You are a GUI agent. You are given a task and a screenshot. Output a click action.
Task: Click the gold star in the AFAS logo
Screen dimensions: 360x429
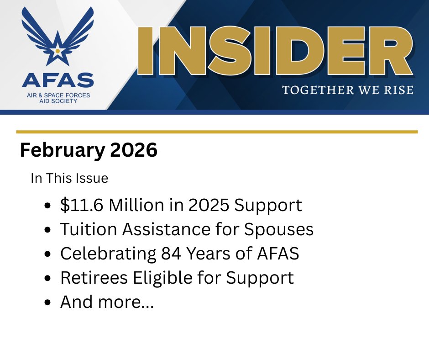(x=58, y=52)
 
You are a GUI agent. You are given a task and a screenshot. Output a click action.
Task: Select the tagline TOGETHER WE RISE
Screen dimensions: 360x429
(x=348, y=90)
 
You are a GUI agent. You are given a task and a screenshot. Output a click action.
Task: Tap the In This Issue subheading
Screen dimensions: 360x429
(x=69, y=178)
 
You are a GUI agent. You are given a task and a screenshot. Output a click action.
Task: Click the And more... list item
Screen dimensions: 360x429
(x=107, y=302)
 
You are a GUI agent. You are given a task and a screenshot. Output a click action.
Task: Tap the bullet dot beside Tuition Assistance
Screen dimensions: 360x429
(x=48, y=230)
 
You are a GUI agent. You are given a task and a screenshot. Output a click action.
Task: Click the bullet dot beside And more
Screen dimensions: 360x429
(x=48, y=302)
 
